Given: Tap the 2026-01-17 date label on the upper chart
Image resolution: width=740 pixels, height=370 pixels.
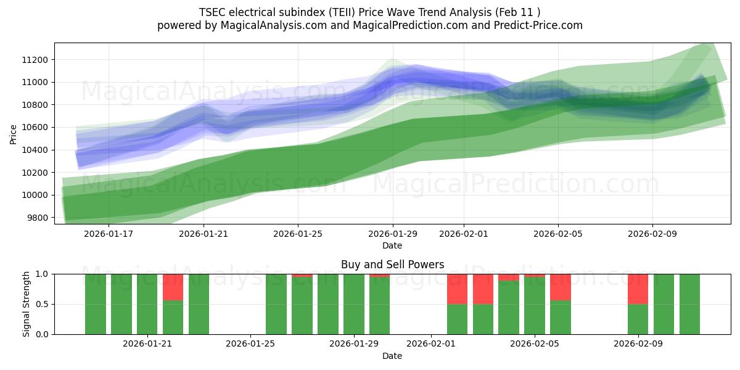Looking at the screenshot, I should (109, 234).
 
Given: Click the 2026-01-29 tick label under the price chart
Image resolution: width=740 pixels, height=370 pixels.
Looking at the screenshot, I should (393, 234).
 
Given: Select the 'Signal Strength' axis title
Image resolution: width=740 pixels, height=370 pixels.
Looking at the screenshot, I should (26, 304).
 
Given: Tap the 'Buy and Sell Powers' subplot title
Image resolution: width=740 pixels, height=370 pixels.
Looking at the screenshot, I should (392, 265).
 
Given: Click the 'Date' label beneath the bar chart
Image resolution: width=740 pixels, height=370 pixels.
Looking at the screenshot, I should (392, 356).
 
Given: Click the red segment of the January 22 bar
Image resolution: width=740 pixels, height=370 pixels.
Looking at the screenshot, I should (173, 287).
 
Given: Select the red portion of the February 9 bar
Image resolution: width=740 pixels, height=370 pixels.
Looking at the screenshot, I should (638, 289).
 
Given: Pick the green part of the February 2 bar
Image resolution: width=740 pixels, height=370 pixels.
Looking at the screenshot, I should (457, 319).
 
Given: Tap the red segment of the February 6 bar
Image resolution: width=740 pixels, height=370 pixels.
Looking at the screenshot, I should (561, 287).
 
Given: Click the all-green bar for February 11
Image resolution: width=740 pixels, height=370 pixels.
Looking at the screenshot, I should (689, 304).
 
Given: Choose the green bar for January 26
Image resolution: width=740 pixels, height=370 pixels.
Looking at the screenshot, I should (276, 304).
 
